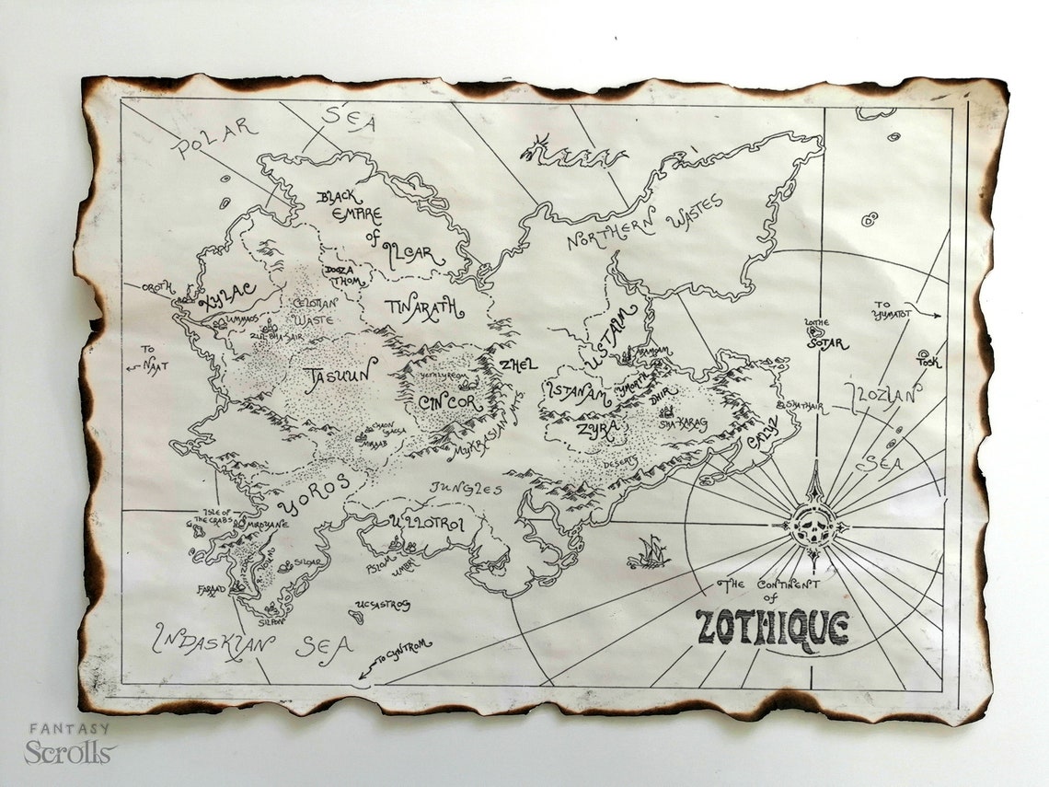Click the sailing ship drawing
650,551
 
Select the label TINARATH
424,308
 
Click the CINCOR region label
450,402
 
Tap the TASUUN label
340,374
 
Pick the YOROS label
316,493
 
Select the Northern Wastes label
644,223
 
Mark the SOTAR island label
827,343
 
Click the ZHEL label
517,365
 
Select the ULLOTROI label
428,524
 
